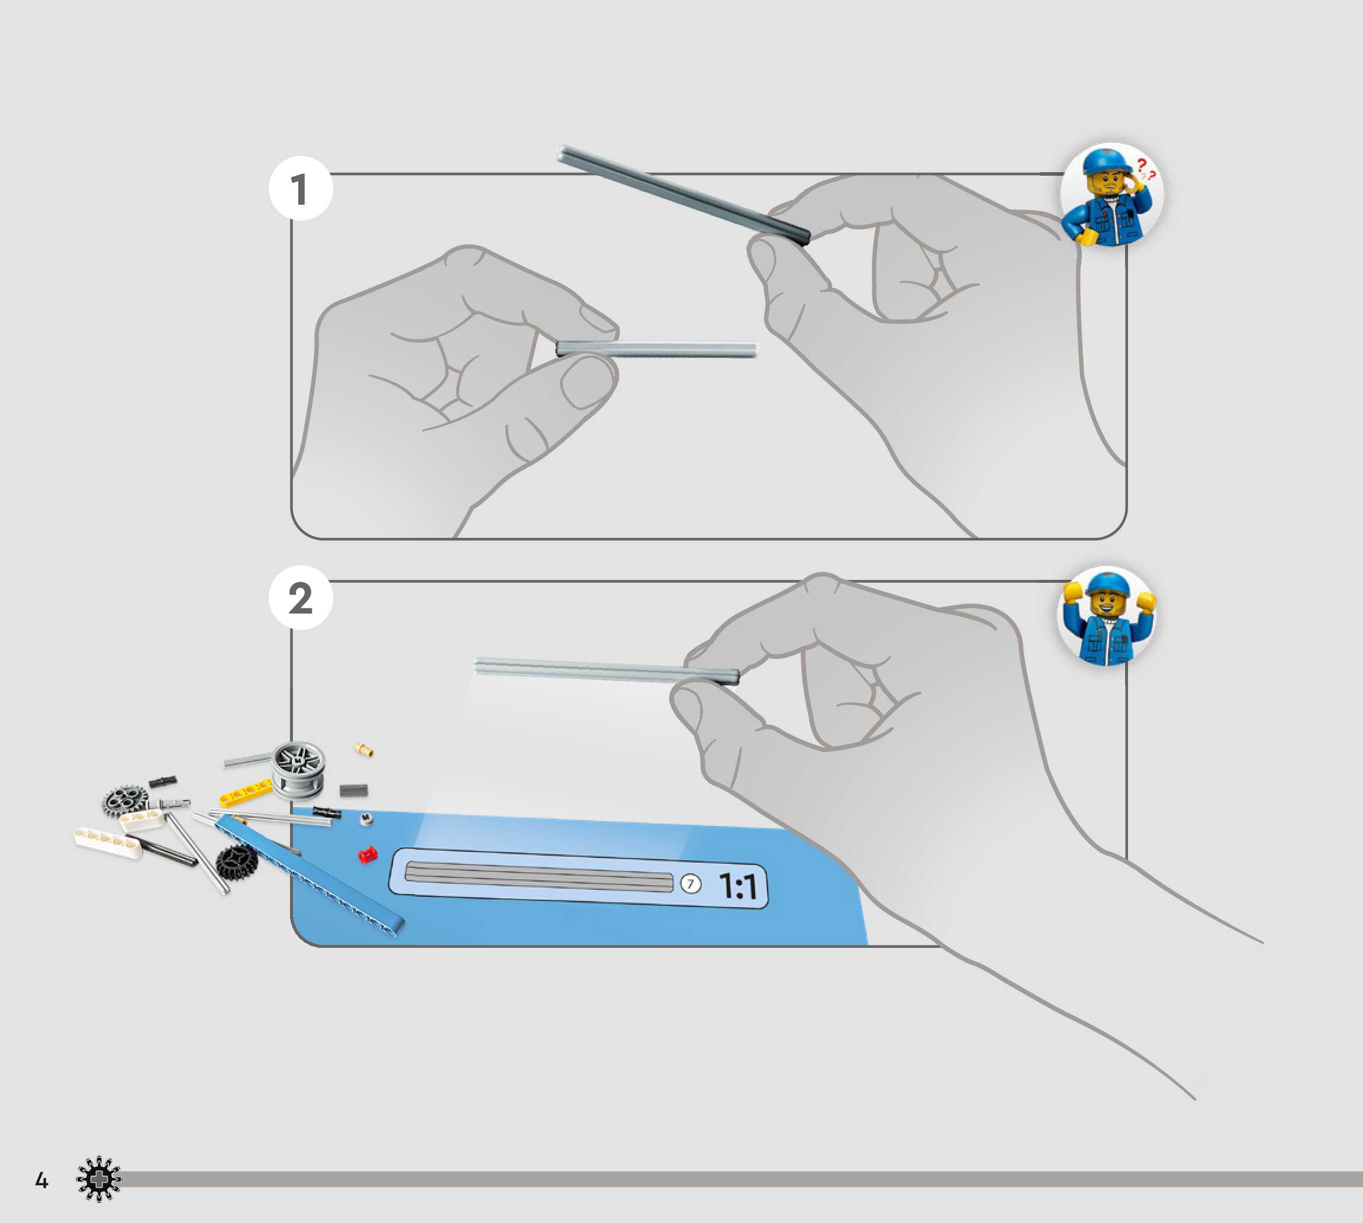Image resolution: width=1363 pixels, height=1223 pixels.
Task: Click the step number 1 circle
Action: coord(301,189)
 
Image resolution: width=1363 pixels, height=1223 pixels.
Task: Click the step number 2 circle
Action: coord(301,598)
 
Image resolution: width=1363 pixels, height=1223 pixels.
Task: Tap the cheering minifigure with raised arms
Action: coord(1107,617)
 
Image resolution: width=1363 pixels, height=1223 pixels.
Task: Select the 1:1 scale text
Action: coord(738,886)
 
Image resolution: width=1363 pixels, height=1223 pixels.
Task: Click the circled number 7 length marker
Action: coord(691,883)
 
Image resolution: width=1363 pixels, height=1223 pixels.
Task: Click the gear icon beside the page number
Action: coord(99,1179)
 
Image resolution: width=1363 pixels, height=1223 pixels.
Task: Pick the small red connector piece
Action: coord(367,855)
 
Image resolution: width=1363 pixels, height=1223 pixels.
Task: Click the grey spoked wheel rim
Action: coord(298,770)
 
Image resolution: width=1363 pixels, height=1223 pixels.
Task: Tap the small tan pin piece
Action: coord(363,749)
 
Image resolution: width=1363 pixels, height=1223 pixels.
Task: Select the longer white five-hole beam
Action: coord(108,843)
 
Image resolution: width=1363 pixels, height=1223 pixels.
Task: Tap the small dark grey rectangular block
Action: coord(353,790)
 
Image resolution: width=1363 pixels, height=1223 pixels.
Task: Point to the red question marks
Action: coord(1145,169)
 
